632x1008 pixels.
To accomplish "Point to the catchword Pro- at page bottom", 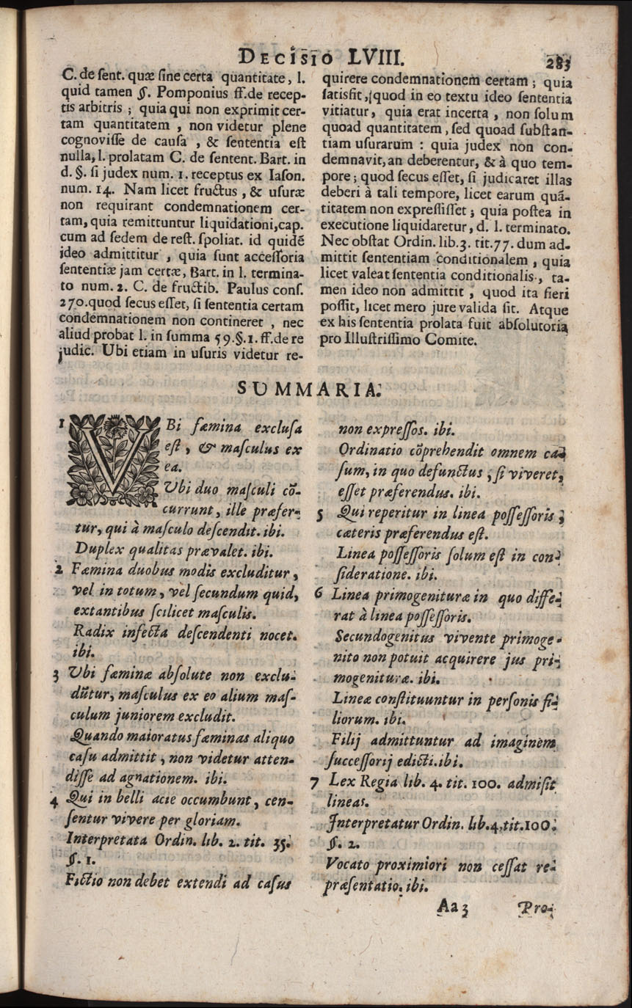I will (x=537, y=910).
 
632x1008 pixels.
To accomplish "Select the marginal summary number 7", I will (x=313, y=784).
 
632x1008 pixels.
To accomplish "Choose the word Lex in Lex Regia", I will (x=341, y=783).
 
